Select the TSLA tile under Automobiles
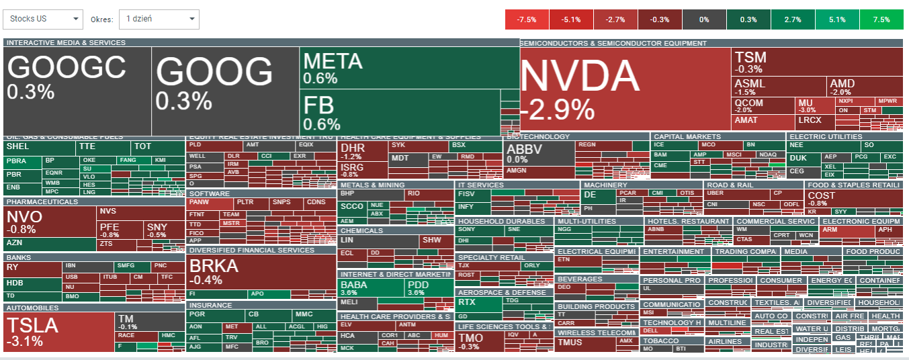coord(59,332)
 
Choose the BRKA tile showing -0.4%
coord(261,271)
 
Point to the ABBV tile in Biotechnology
coord(538,154)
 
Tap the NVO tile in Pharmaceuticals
coord(49,222)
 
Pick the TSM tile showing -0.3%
coord(797,61)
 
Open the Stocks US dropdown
coord(43,19)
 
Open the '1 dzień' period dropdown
coord(159,19)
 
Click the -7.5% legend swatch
coord(527,19)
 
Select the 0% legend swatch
coord(704,19)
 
